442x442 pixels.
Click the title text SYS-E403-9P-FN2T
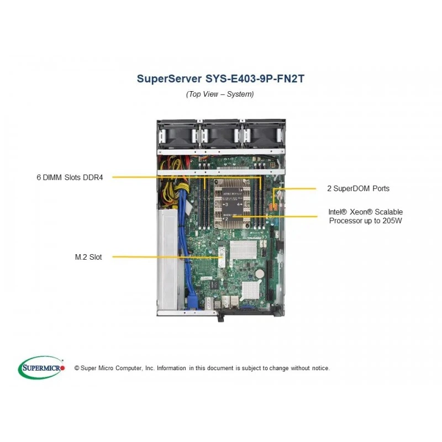point(255,78)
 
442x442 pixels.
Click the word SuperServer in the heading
point(169,78)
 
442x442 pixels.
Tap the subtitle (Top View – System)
point(220,94)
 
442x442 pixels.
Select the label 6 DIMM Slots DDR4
point(70,177)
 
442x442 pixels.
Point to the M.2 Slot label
point(88,257)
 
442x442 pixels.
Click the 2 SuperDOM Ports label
point(358,188)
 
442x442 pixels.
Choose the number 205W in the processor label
point(392,220)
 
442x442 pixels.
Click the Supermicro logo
point(41,367)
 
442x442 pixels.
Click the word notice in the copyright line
point(320,368)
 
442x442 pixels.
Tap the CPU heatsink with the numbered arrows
point(232,203)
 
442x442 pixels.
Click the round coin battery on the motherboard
point(260,273)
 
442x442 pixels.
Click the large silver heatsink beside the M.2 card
point(243,250)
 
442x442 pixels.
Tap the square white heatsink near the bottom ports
point(251,290)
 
